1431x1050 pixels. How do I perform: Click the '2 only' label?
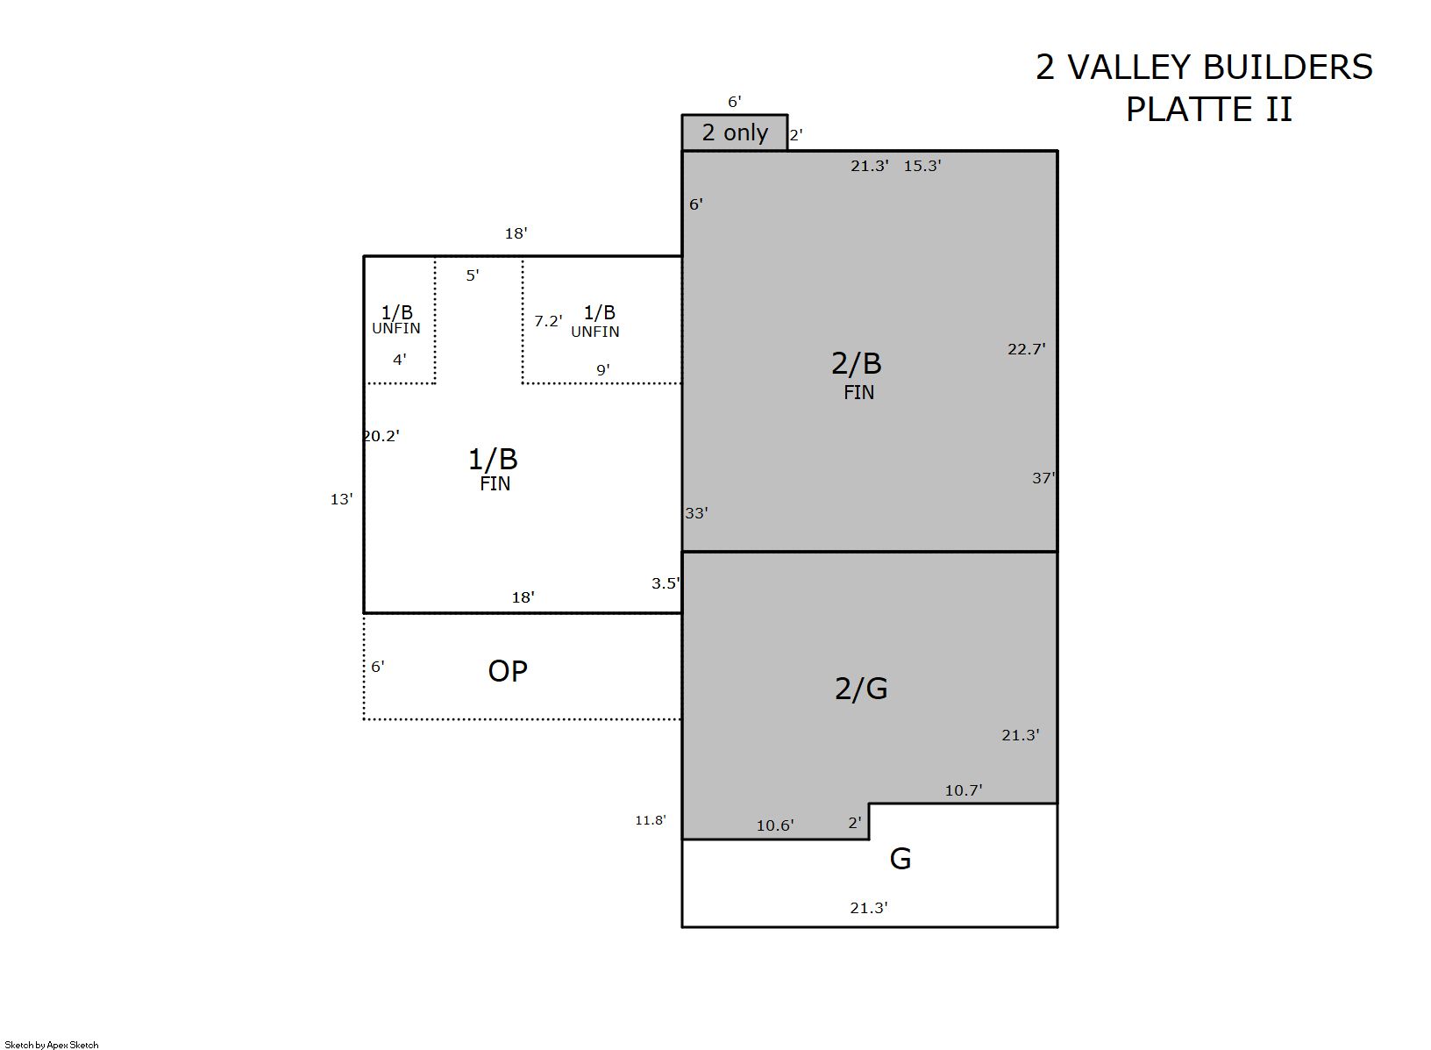[735, 132]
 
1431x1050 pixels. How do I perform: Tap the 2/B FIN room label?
[857, 375]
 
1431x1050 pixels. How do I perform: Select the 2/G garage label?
[861, 689]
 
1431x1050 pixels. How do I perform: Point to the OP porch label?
[508, 671]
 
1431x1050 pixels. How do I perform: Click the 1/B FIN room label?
[493, 469]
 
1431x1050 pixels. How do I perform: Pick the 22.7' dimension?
[1027, 349]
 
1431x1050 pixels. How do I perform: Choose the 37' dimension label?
[1043, 477]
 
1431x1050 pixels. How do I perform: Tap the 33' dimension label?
[696, 512]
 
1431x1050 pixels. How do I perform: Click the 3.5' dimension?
[666, 582]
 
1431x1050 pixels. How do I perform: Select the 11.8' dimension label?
[651, 820]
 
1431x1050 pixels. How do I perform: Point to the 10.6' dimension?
[775, 825]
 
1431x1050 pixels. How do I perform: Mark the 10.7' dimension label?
[964, 789]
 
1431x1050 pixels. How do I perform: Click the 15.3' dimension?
[922, 166]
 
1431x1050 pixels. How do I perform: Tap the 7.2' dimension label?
[548, 320]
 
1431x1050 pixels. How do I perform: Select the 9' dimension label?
[603, 369]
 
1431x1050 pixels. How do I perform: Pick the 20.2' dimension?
[381, 436]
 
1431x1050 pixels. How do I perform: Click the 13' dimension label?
[341, 499]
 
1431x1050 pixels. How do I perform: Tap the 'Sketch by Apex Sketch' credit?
[52, 1045]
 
